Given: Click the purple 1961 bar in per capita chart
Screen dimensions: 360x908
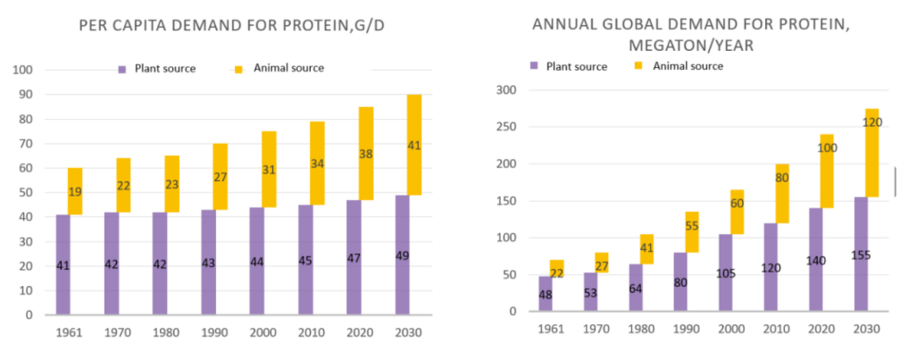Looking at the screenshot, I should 62,264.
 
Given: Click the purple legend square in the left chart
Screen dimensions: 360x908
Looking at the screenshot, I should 124,69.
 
